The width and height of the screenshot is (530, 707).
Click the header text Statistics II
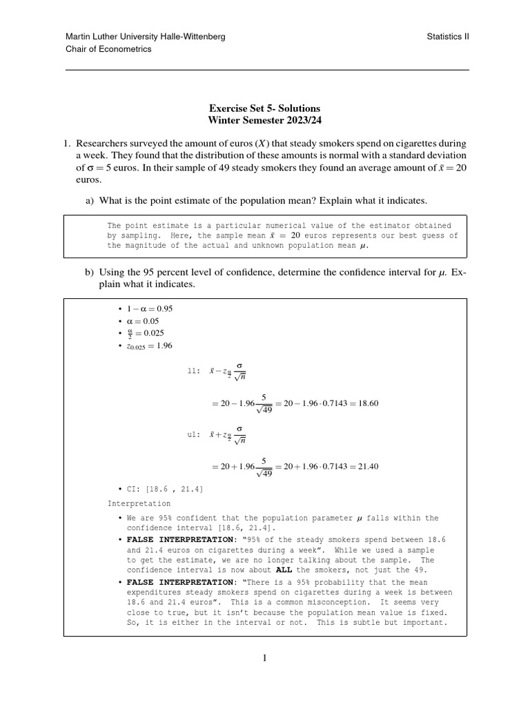(448, 37)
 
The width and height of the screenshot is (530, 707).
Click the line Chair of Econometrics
(108, 49)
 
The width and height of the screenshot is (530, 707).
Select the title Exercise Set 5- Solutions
(264, 109)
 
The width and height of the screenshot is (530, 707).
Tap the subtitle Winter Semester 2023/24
(264, 121)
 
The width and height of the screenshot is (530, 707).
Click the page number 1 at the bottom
(264, 658)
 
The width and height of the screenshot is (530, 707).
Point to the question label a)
(90, 200)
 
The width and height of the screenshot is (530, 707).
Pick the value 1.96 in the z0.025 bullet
(164, 346)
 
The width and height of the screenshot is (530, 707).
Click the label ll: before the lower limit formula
(193, 371)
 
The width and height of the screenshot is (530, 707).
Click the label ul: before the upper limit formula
(193, 434)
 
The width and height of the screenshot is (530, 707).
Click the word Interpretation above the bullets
(139, 503)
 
